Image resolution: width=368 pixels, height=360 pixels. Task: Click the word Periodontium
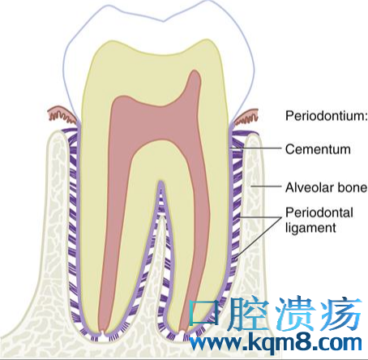pos(326,115)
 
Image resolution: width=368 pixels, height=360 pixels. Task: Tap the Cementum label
pos(318,149)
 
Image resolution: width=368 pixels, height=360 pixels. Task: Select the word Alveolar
pos(307,187)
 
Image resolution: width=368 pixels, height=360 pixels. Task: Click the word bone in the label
pos(350,187)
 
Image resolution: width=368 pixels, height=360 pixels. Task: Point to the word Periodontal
pos(319,212)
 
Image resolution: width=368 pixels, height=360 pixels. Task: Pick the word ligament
pos(310,228)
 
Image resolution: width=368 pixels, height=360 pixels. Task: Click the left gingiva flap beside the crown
pos(62,115)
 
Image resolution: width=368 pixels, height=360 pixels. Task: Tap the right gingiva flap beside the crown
pos(246,117)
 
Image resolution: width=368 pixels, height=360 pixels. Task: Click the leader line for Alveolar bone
pos(266,186)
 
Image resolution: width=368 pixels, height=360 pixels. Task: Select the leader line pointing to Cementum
pos(256,148)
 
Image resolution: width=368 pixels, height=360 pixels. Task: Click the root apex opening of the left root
pos(102,332)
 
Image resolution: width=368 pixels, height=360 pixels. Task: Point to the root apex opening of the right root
pos(182,332)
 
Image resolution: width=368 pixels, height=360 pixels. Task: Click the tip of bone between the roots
pos(161,218)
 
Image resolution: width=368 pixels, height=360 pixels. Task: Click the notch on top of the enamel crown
pos(164,21)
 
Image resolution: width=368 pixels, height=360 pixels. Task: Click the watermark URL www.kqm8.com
pos(276,344)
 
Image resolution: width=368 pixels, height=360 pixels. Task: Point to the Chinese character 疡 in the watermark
pos(341,315)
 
